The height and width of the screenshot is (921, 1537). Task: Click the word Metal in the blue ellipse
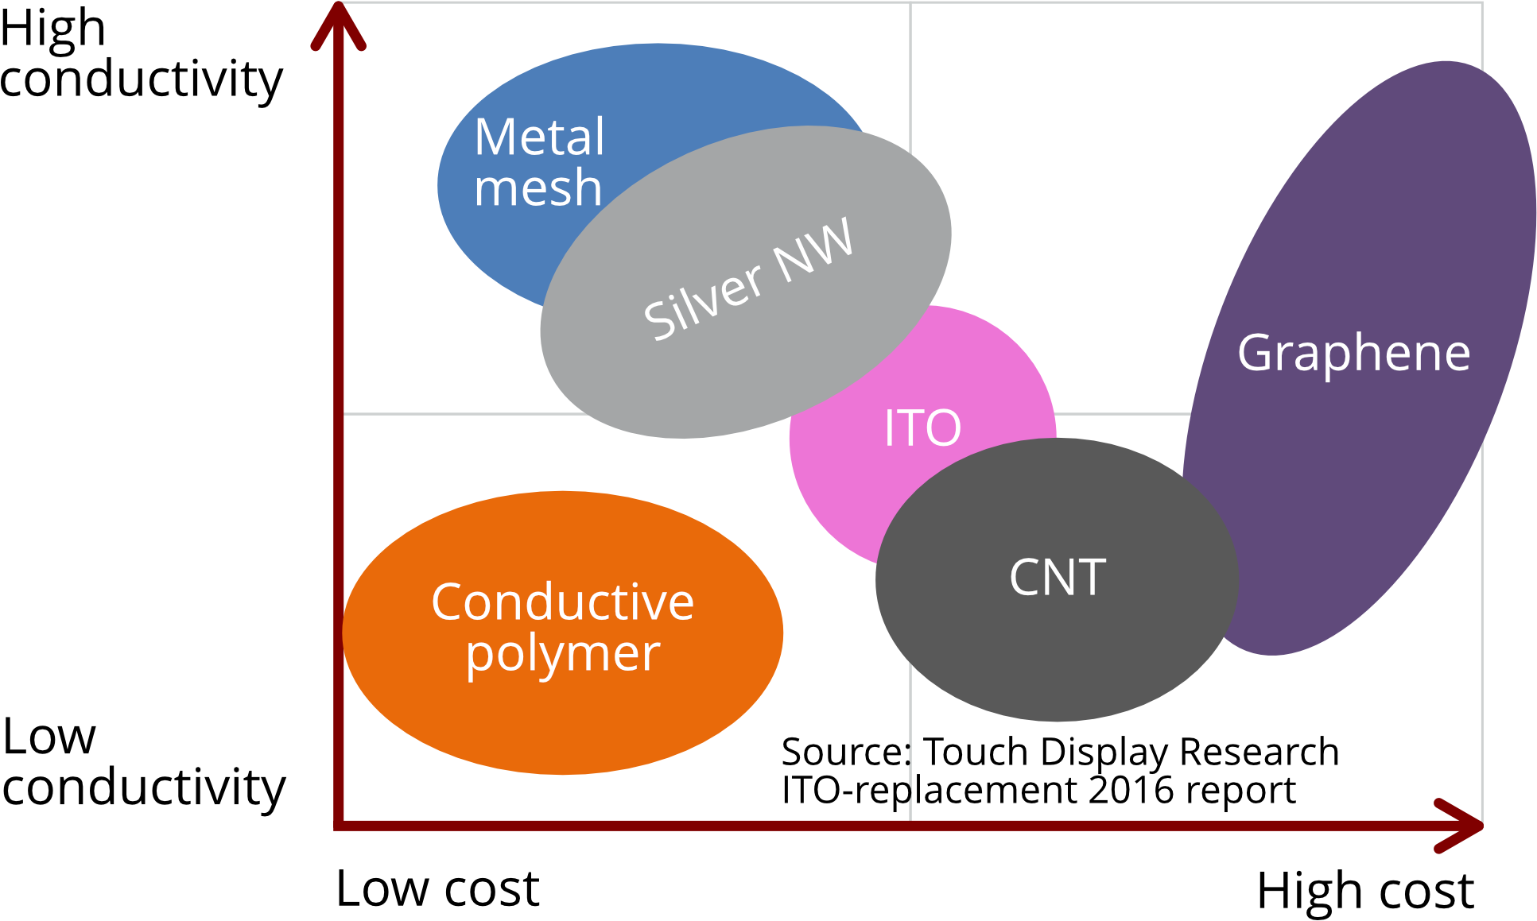pos(539,137)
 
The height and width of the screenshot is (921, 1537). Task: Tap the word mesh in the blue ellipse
pos(538,188)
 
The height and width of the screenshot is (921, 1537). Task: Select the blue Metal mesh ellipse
pos(509,238)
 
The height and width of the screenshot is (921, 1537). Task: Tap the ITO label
pos(922,428)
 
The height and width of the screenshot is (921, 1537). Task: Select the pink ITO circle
pos(843,493)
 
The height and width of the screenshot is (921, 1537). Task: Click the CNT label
pos(1057,577)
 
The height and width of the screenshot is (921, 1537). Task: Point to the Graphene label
pos(1353,352)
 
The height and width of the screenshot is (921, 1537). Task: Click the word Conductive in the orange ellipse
pos(562,602)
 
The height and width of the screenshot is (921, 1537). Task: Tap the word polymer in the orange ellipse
pos(562,654)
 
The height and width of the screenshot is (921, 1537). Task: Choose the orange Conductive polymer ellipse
pos(562,715)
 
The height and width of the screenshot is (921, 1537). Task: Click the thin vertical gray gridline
pos(910,79)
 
